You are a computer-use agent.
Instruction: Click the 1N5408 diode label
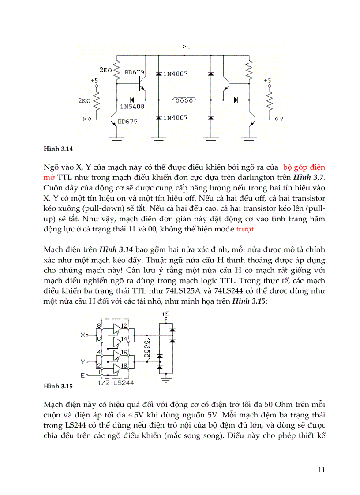click(132, 107)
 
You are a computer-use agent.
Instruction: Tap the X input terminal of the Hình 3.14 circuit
click(90, 119)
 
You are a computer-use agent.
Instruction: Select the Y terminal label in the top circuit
click(281, 119)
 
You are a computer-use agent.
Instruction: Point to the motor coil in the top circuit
click(184, 100)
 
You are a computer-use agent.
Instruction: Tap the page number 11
click(321, 469)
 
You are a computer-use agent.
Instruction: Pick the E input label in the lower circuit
click(82, 375)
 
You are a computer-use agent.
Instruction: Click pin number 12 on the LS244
click(124, 326)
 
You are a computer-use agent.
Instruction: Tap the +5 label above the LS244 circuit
click(165, 313)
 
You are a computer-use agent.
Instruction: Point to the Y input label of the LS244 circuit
click(82, 361)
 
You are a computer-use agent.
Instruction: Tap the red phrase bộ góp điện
click(303, 167)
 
